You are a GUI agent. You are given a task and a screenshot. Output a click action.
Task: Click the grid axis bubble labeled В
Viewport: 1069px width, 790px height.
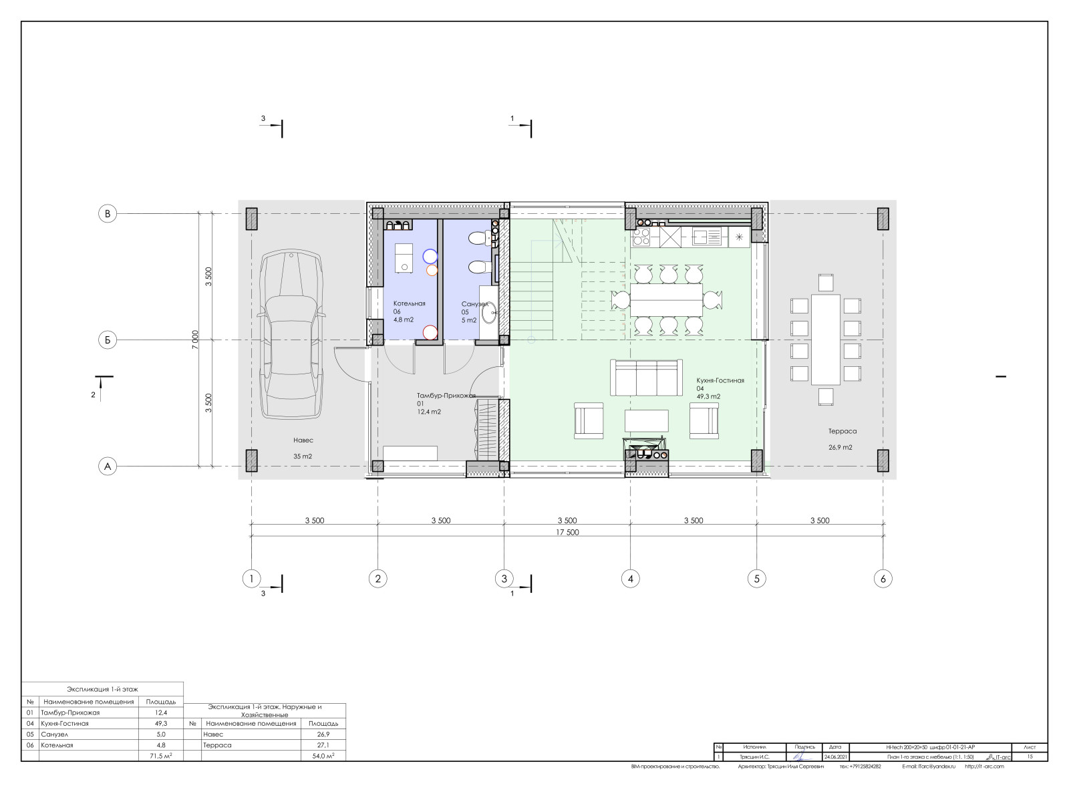coord(108,214)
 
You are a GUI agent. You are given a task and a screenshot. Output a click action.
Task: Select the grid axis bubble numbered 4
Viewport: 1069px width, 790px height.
coord(630,579)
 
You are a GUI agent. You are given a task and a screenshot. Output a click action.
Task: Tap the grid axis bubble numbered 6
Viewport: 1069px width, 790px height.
coord(883,579)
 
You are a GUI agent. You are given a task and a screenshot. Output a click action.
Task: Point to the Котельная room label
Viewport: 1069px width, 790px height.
coord(410,303)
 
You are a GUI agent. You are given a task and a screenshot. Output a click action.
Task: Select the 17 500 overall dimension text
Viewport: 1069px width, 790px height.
coord(567,533)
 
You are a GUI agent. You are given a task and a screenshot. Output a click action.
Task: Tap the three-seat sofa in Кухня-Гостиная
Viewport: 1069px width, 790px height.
coord(646,378)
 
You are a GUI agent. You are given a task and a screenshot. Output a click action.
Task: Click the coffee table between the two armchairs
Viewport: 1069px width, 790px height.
coord(646,421)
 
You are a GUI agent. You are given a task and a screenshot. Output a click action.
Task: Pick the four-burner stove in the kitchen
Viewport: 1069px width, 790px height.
coord(642,236)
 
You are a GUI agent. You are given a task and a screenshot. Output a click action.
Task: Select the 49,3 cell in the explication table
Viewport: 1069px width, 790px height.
coord(160,723)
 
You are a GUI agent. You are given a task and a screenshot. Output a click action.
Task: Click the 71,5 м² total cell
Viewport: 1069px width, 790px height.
coord(160,755)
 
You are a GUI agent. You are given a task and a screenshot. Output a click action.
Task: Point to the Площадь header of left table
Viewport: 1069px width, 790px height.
coord(160,702)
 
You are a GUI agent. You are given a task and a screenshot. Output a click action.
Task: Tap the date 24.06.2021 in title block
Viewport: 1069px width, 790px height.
coord(835,757)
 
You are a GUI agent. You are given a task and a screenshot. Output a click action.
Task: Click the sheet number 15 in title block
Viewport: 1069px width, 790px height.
coord(1030,757)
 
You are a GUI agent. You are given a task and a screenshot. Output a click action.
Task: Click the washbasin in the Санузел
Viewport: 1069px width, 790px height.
coord(489,313)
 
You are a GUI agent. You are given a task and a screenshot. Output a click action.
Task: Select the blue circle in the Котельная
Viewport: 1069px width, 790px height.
coord(430,255)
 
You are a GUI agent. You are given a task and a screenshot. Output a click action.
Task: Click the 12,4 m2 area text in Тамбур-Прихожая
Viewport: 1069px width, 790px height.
coord(429,412)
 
